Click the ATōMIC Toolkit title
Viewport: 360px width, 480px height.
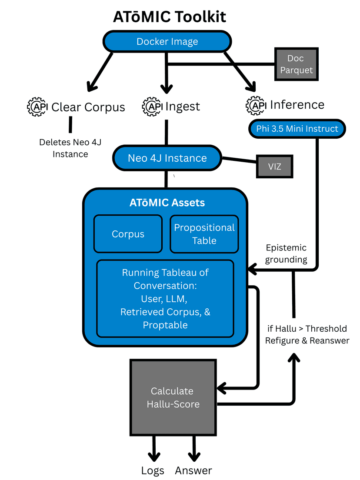(170, 17)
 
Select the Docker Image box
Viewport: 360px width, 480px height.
(167, 42)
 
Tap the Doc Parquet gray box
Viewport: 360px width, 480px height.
(296, 64)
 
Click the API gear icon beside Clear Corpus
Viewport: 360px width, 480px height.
(37, 107)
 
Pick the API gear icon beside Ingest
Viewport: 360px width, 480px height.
(152, 107)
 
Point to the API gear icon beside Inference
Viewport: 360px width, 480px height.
(256, 105)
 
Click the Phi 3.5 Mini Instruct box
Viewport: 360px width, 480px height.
(297, 129)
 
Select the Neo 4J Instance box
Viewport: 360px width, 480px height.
(167, 158)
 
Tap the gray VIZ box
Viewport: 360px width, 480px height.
(274, 167)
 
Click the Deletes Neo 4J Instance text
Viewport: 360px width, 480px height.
(70, 148)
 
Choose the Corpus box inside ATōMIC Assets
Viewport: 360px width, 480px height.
(128, 234)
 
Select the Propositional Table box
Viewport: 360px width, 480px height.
(204, 234)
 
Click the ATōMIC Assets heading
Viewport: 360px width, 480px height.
(167, 203)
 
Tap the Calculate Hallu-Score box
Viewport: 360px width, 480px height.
(173, 397)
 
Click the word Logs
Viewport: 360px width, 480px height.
(153, 470)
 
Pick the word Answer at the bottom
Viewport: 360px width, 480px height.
(193, 470)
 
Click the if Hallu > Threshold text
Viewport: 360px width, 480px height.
(307, 329)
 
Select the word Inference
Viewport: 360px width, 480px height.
(297, 105)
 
